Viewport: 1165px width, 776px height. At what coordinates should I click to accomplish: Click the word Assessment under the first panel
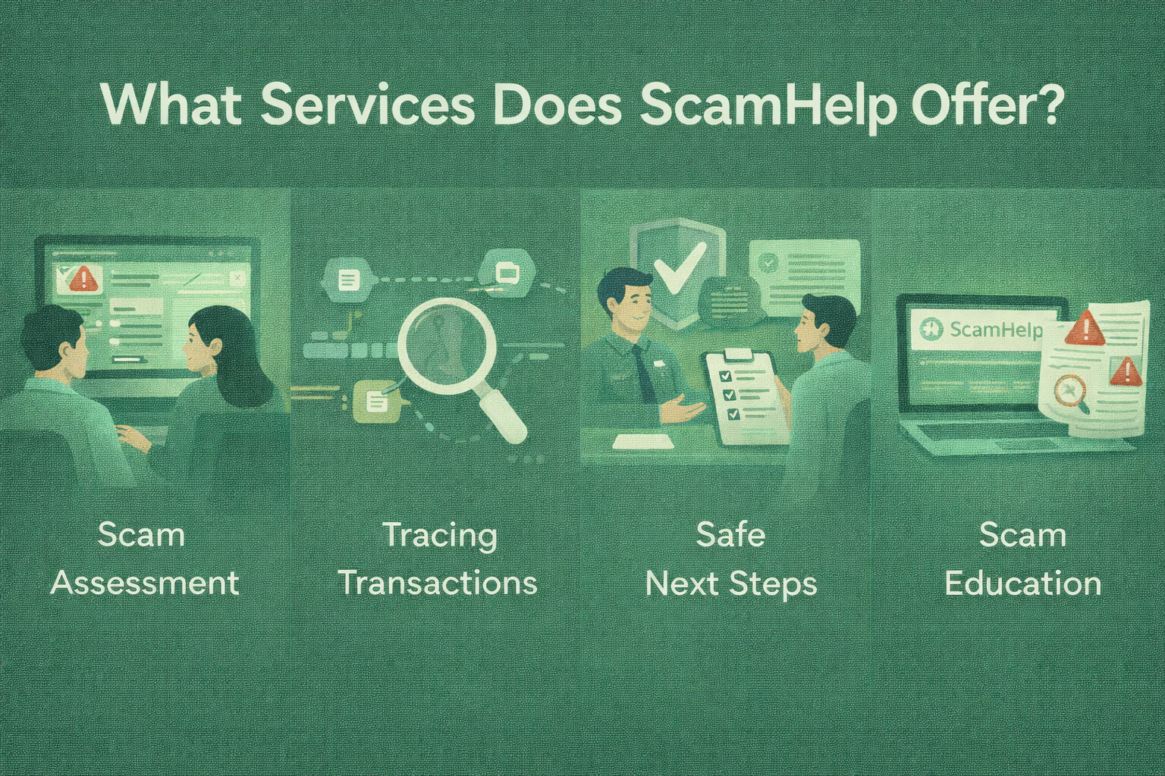point(145,584)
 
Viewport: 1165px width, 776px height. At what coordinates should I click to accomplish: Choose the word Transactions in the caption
point(438,584)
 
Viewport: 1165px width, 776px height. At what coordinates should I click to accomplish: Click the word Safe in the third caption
point(730,534)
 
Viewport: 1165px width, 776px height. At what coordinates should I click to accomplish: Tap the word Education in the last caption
point(1022,584)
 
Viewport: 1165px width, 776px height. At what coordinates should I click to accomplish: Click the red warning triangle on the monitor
point(83,278)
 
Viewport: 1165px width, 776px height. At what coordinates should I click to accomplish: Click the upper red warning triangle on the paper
point(1085,328)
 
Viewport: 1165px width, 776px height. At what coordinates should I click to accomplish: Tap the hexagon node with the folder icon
point(506,272)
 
